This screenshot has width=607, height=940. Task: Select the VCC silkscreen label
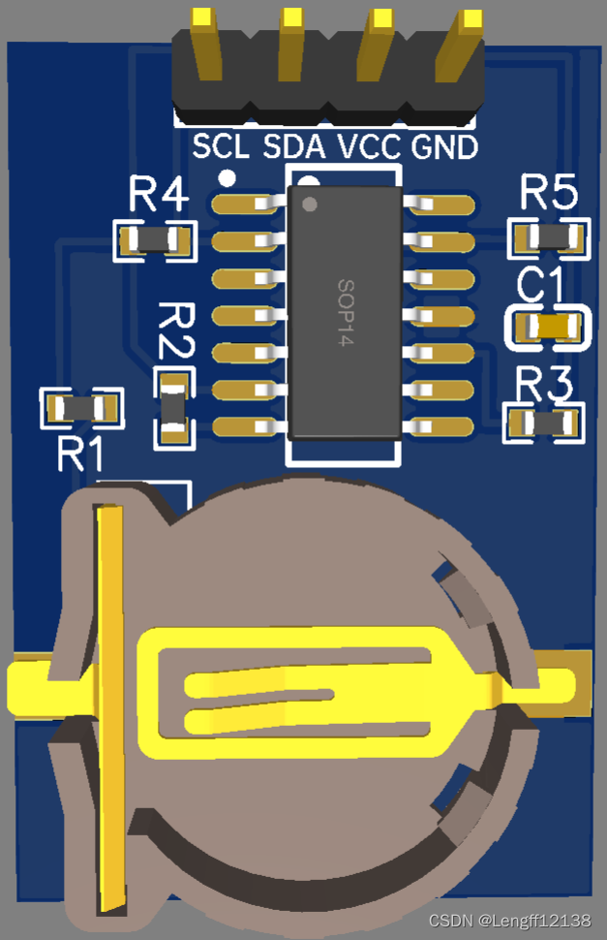tap(370, 147)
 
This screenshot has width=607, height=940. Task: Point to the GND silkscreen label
tap(444, 147)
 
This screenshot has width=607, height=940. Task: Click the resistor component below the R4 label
tap(154, 239)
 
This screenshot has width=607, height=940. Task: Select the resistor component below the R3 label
tap(546, 423)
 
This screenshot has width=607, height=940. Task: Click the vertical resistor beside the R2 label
tap(173, 408)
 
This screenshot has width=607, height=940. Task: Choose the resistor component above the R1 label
tap(81, 407)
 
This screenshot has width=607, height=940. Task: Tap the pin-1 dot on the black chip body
tap(310, 204)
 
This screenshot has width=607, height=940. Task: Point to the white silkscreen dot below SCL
tap(228, 177)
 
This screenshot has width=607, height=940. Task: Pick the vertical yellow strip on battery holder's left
tap(110, 707)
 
